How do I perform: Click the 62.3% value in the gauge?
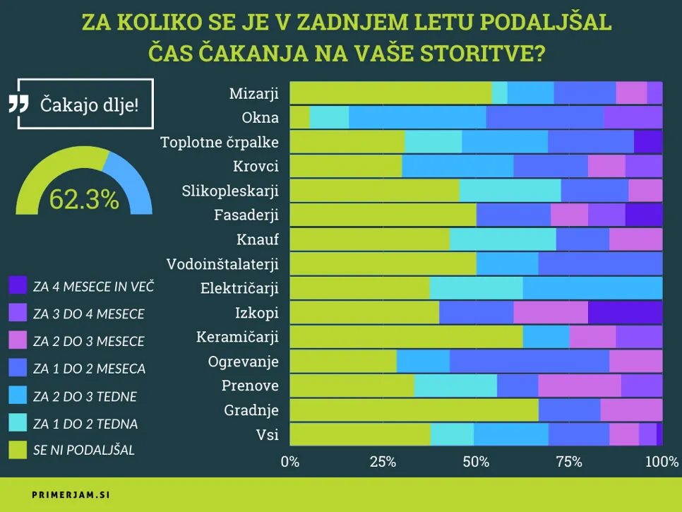click(x=84, y=200)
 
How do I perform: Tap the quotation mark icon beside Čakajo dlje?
click(x=18, y=104)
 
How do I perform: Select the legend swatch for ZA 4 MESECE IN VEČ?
click(x=18, y=286)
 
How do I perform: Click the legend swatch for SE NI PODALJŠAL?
click(x=18, y=449)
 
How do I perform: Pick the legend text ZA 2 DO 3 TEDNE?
click(x=85, y=396)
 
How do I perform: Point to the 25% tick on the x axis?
click(x=383, y=463)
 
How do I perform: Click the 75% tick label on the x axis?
click(x=568, y=463)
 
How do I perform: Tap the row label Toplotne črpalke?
click(x=220, y=142)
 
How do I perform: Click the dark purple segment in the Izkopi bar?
click(x=625, y=312)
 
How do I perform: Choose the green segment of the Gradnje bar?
click(x=414, y=410)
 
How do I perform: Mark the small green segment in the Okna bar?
click(x=300, y=117)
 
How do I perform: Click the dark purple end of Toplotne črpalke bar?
click(x=647, y=142)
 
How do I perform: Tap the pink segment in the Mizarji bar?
click(x=631, y=93)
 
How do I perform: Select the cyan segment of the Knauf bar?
click(x=503, y=239)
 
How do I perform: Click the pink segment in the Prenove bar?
click(x=579, y=386)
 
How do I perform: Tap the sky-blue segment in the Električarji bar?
click(x=592, y=288)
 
